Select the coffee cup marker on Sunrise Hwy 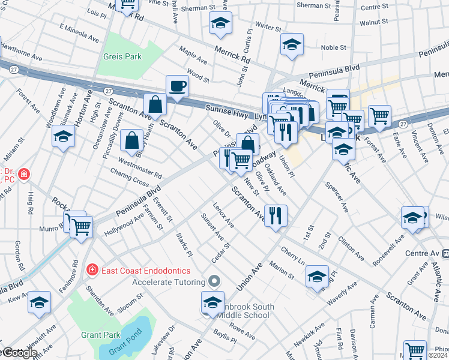coord(177,86)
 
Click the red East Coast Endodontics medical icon coord(92,270)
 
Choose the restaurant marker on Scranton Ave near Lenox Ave coord(276,215)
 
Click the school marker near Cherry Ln coord(317,276)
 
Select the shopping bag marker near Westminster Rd coord(131,140)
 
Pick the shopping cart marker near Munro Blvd coord(80,226)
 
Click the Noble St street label coord(334,47)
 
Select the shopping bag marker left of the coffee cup coord(155,104)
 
